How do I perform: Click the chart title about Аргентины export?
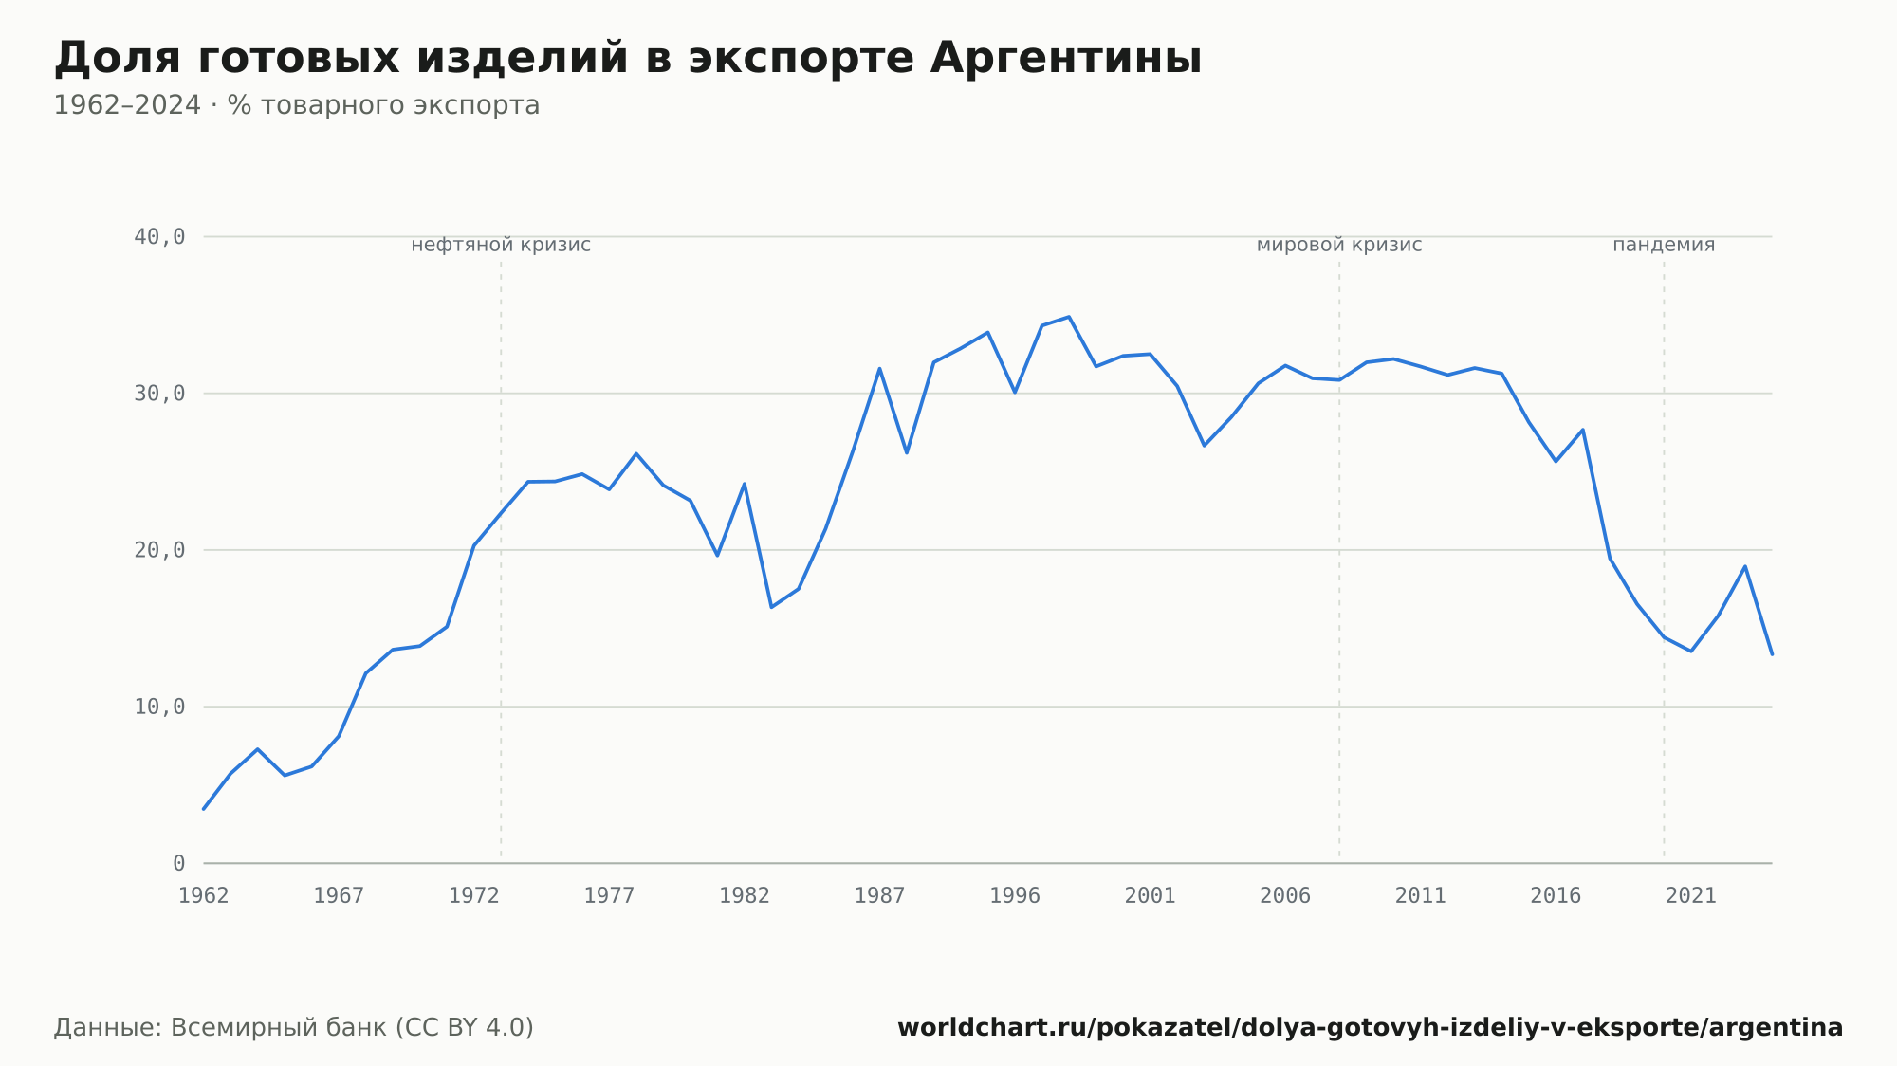point(628,59)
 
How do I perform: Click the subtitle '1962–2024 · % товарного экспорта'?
point(297,105)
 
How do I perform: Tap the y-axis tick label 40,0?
point(159,237)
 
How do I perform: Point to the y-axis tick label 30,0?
point(159,394)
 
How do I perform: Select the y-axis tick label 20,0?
point(159,550)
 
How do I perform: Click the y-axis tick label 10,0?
point(159,707)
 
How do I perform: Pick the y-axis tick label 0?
point(179,863)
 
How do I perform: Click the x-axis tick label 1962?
point(204,896)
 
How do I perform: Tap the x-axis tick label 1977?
point(609,896)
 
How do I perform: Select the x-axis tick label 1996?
point(1015,896)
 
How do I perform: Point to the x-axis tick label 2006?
point(1285,896)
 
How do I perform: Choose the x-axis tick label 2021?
point(1691,896)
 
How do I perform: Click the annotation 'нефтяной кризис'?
point(501,246)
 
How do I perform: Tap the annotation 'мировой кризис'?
point(1339,246)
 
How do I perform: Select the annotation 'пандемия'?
point(1664,246)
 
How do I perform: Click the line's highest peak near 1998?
point(1069,317)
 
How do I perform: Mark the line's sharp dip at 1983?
point(771,607)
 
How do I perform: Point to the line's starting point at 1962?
point(204,809)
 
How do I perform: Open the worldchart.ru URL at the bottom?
point(1371,1028)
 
